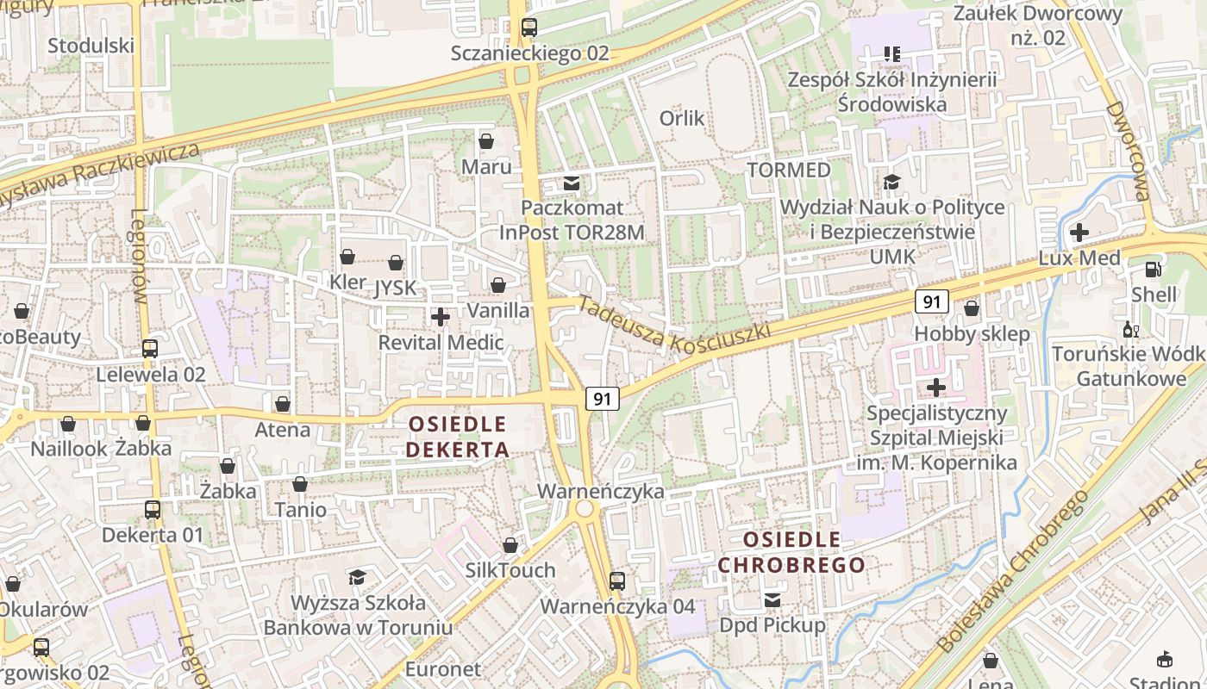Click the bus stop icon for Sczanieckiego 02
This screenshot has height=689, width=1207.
pyautogui.click(x=529, y=28)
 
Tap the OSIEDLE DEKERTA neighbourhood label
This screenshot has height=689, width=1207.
pyautogui.click(x=457, y=437)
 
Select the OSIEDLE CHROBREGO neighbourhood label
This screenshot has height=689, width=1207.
pyautogui.click(x=791, y=552)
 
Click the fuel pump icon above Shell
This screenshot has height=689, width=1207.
pyautogui.click(x=1154, y=270)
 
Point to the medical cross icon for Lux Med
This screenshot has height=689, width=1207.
pyautogui.click(x=1079, y=233)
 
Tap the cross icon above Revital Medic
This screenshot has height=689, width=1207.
pyautogui.click(x=441, y=317)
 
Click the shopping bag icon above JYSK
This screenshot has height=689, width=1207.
pyautogui.click(x=396, y=263)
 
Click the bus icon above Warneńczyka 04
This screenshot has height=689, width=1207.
pyautogui.click(x=617, y=580)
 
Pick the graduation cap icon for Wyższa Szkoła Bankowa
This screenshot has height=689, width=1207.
pyautogui.click(x=357, y=577)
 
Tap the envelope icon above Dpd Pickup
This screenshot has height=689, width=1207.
pyautogui.click(x=772, y=599)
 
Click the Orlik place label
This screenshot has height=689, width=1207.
pyautogui.click(x=682, y=118)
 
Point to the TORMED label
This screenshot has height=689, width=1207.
pyautogui.click(x=789, y=170)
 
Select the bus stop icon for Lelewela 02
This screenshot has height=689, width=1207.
pyautogui.click(x=150, y=349)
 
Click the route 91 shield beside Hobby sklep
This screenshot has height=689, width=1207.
pyautogui.click(x=932, y=301)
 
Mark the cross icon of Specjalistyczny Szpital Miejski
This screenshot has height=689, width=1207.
pyautogui.click(x=935, y=388)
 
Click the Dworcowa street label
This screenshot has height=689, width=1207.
pyautogui.click(x=1129, y=151)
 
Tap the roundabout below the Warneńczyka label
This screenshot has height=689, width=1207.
pyautogui.click(x=585, y=509)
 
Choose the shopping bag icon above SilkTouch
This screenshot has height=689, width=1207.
pyautogui.click(x=510, y=545)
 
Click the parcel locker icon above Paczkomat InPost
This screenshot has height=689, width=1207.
pyautogui.click(x=571, y=183)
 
